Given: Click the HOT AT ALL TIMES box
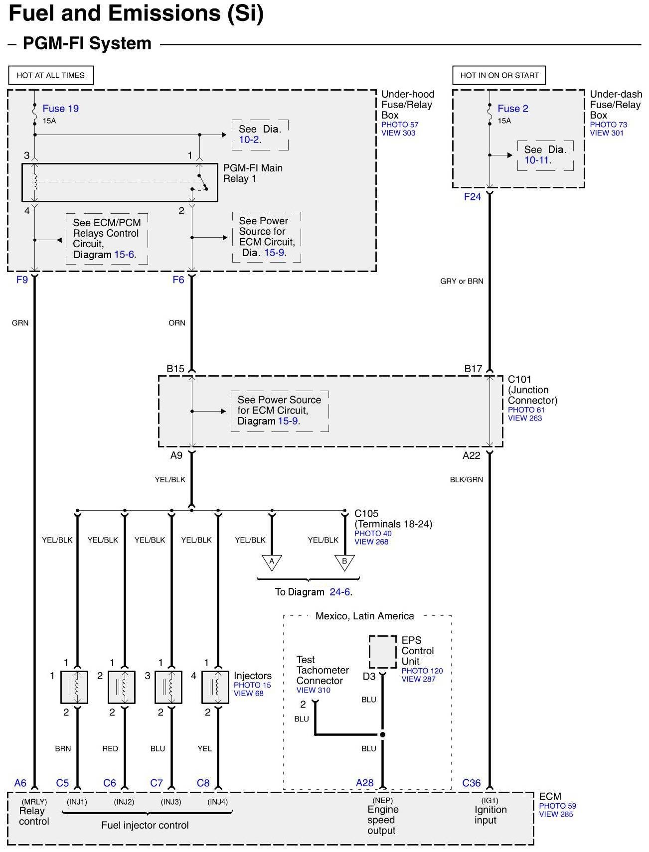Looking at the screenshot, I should click(x=51, y=75).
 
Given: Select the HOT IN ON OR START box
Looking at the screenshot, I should click(x=499, y=75).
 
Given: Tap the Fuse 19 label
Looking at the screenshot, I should click(x=60, y=109).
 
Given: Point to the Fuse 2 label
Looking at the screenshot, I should click(x=512, y=109).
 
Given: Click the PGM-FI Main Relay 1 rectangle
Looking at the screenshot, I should click(x=120, y=182).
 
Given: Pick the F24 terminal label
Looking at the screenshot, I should click(x=472, y=197).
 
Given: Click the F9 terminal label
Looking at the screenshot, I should click(x=22, y=280).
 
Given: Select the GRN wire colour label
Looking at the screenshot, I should click(x=20, y=323).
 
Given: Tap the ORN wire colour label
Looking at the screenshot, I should click(x=177, y=323).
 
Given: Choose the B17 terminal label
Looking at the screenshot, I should click(x=473, y=369).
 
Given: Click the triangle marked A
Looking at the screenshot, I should click(x=272, y=562).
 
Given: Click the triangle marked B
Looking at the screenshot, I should click(x=344, y=562).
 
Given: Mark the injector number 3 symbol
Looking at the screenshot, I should click(x=168, y=687).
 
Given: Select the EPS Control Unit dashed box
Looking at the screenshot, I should click(x=383, y=652).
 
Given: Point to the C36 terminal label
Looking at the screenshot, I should click(x=471, y=783).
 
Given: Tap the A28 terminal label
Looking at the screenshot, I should click(x=364, y=783).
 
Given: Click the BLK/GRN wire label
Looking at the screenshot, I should click(x=466, y=480).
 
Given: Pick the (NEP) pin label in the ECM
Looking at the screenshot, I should click(x=382, y=801).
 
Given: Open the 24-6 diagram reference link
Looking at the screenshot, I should click(x=340, y=592).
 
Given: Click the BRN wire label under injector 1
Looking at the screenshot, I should click(x=63, y=748).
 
